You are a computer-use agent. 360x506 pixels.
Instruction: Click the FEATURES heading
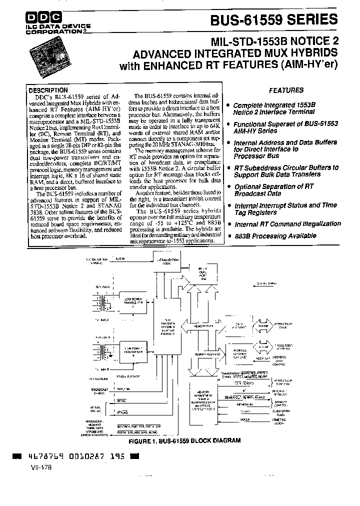286,90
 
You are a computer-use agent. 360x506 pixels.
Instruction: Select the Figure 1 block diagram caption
184,441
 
